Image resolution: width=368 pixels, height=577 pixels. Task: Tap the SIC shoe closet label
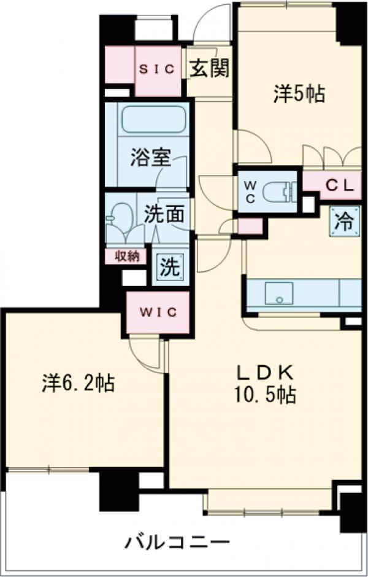[x=157, y=69]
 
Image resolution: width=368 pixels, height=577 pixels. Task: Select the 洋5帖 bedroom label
[x=299, y=95]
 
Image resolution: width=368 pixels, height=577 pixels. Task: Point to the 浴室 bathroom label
[x=150, y=158]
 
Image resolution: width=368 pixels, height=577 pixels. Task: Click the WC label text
[x=251, y=190]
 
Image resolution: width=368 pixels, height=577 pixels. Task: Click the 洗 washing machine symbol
[x=170, y=268]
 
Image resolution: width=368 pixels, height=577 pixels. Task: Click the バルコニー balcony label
[x=178, y=542]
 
